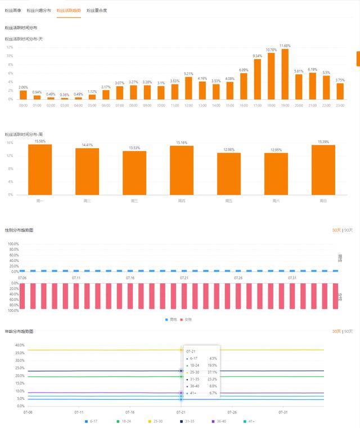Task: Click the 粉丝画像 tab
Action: coord(13,11)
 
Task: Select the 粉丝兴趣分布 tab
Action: coord(39,11)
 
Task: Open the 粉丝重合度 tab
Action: coord(97,11)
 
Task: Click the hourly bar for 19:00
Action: coord(285,74)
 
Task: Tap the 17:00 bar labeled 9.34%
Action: coord(258,79)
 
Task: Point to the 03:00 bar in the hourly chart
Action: coord(65,99)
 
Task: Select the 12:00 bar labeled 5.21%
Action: coord(188,88)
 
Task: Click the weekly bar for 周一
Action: coord(40,170)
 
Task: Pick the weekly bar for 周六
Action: coord(276,174)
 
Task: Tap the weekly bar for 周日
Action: coord(323,170)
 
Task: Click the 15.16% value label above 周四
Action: coord(182,143)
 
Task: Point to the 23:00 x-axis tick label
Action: coord(340,105)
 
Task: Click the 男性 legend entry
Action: coord(171,319)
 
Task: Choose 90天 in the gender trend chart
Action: coord(349,230)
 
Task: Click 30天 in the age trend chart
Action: coord(336,332)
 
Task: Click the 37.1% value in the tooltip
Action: coord(212,372)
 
